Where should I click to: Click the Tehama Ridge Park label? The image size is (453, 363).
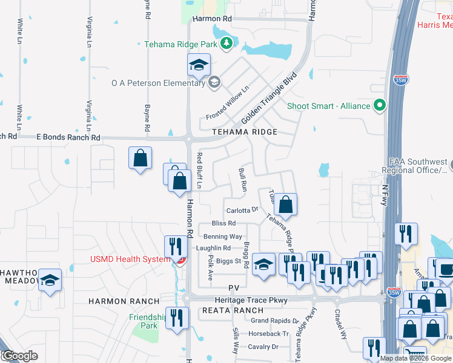181,44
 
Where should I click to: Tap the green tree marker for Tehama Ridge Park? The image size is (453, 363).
226,43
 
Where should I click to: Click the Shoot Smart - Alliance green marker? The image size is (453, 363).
380,106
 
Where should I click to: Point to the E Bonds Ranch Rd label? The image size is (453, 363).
68,138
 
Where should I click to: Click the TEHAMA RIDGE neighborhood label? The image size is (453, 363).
245,132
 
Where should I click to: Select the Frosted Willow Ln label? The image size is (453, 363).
228,103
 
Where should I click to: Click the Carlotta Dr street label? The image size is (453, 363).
242,211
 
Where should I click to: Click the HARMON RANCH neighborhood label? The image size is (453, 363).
124,301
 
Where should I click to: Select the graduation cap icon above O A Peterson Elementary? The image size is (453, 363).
198,65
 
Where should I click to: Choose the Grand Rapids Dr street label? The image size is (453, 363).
275,321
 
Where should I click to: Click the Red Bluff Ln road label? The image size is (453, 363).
199,171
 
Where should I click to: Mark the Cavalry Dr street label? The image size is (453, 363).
266,347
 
